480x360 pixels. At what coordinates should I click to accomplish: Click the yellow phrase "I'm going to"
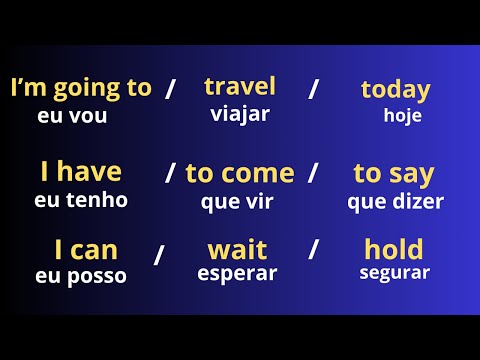80,88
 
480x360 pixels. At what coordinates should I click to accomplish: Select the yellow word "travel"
240,86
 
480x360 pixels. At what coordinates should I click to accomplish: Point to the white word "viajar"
240,113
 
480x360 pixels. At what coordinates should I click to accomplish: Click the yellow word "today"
395,90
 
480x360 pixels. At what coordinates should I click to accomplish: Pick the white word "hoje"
403,115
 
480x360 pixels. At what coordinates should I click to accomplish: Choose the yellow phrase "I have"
81,172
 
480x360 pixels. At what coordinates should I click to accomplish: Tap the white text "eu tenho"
81,200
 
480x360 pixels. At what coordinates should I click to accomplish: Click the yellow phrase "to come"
240,173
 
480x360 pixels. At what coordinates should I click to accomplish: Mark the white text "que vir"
238,200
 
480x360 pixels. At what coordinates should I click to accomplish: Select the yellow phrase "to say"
394,173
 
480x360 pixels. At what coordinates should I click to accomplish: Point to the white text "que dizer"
396,201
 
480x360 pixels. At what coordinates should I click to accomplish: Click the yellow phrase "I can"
79,249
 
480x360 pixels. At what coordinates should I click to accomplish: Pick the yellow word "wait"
237,248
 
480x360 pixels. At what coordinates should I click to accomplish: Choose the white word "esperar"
237,273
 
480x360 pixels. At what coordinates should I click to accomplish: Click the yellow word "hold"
394,248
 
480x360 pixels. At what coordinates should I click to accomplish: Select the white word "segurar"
394,272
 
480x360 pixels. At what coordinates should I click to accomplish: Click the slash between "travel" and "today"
314,89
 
